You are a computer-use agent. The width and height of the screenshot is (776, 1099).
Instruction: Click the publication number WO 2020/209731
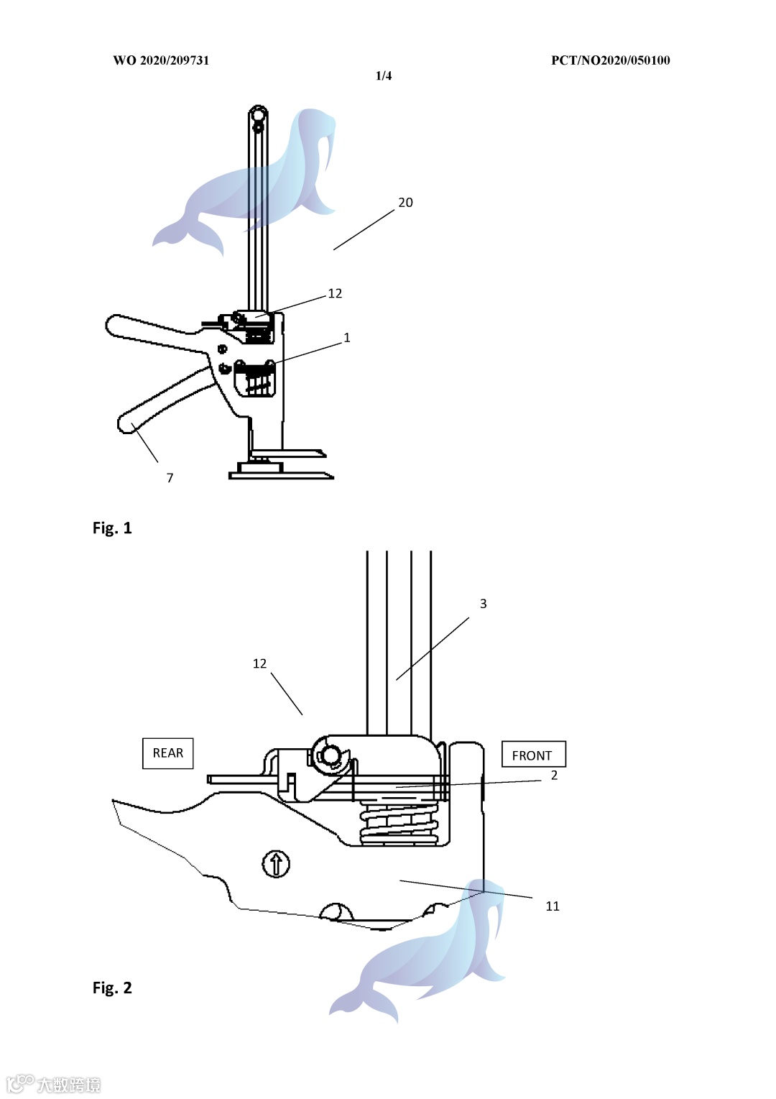tap(161, 60)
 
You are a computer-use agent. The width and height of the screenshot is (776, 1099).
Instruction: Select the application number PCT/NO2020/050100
tap(610, 60)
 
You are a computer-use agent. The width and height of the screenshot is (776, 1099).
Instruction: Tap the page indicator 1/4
tap(384, 75)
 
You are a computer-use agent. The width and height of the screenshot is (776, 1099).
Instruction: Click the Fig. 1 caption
tap(112, 528)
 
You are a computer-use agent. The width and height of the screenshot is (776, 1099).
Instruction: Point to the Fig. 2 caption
tap(112, 988)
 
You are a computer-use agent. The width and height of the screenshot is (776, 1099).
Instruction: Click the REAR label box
tap(167, 753)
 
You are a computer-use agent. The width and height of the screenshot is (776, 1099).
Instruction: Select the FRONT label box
tap(534, 754)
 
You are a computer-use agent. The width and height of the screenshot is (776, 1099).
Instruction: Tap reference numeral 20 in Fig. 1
tap(405, 203)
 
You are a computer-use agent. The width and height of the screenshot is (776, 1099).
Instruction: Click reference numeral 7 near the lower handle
tap(170, 477)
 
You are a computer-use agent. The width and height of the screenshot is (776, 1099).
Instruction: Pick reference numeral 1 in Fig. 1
tap(347, 338)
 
